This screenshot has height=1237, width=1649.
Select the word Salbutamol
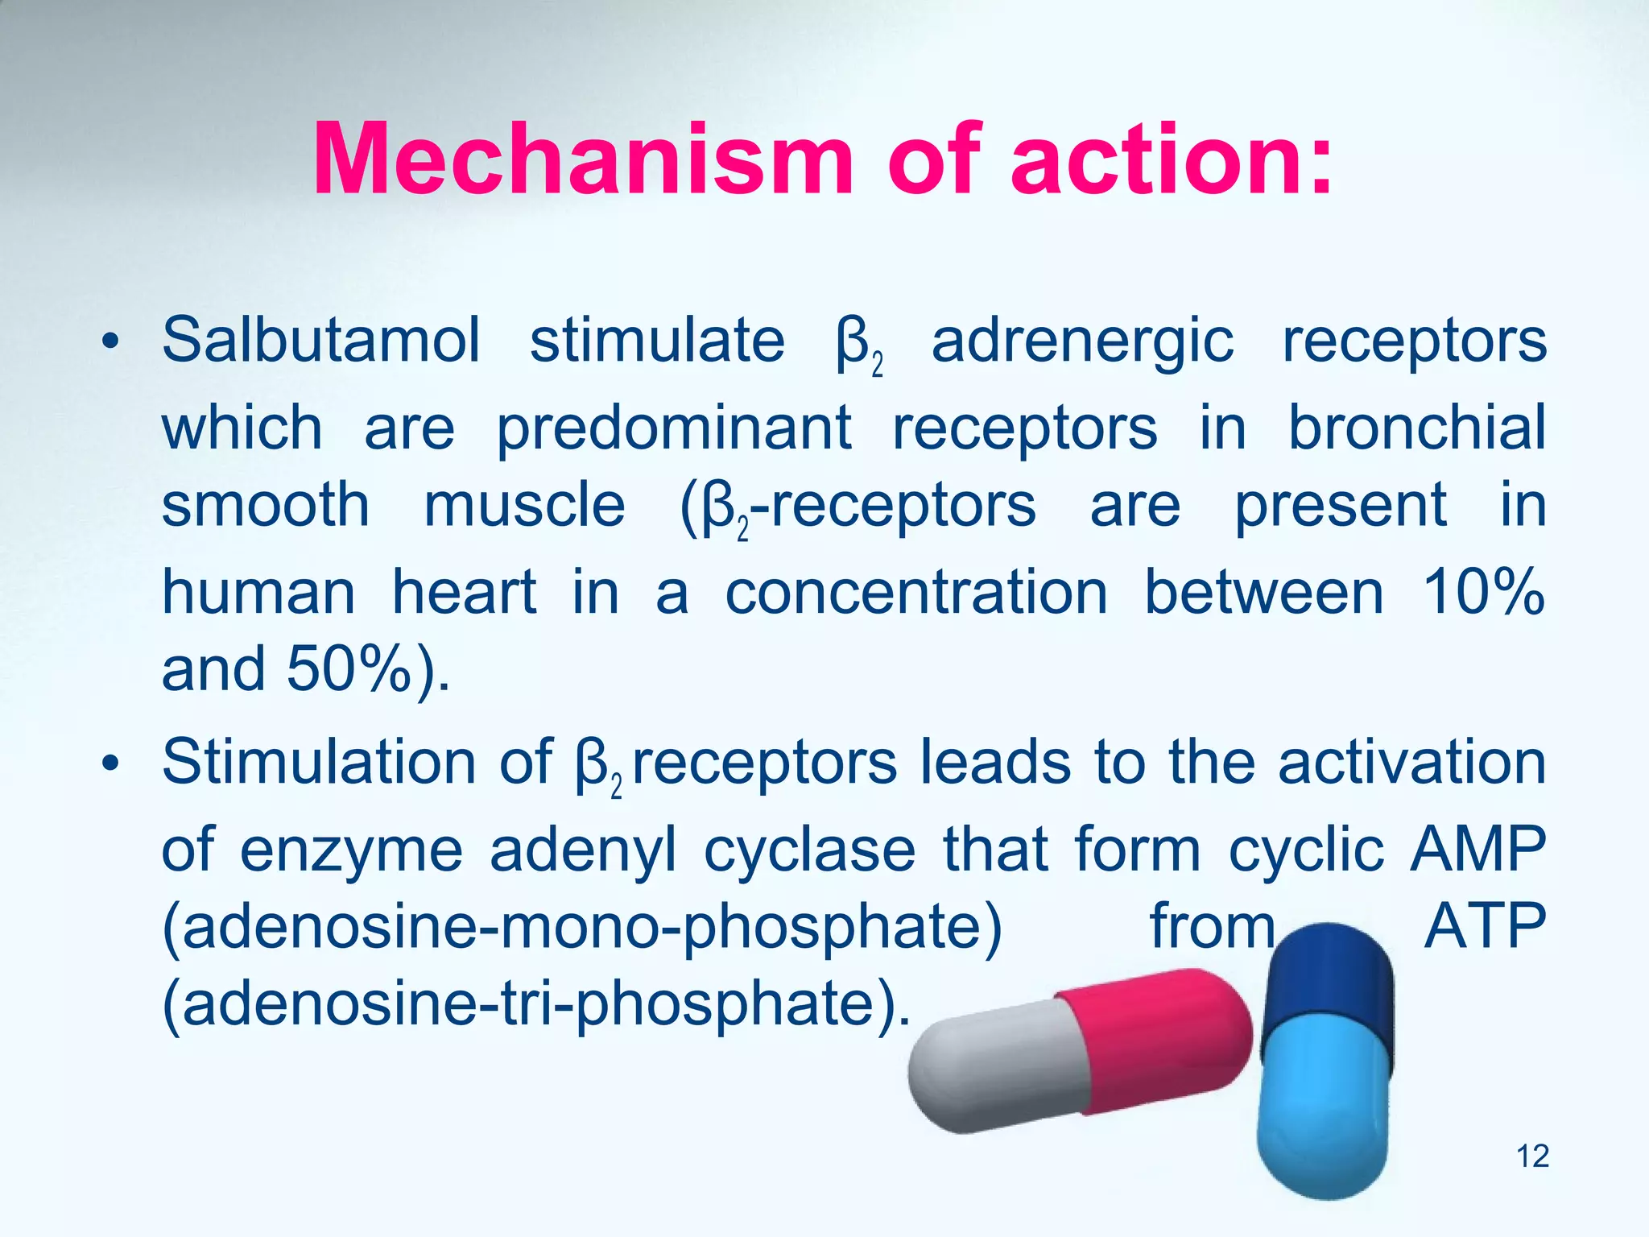[x=321, y=341]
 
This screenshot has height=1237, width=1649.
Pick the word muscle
[x=524, y=507]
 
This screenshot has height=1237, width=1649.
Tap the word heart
[x=465, y=592]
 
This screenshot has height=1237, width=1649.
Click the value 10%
[x=1482, y=592]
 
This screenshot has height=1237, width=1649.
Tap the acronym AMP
[x=1478, y=849]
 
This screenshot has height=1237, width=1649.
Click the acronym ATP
[x=1485, y=926]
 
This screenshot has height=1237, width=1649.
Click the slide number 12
[x=1532, y=1156]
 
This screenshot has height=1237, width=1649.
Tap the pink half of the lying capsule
[x=1159, y=1039]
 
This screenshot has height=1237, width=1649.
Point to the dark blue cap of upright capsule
[x=1329, y=983]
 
